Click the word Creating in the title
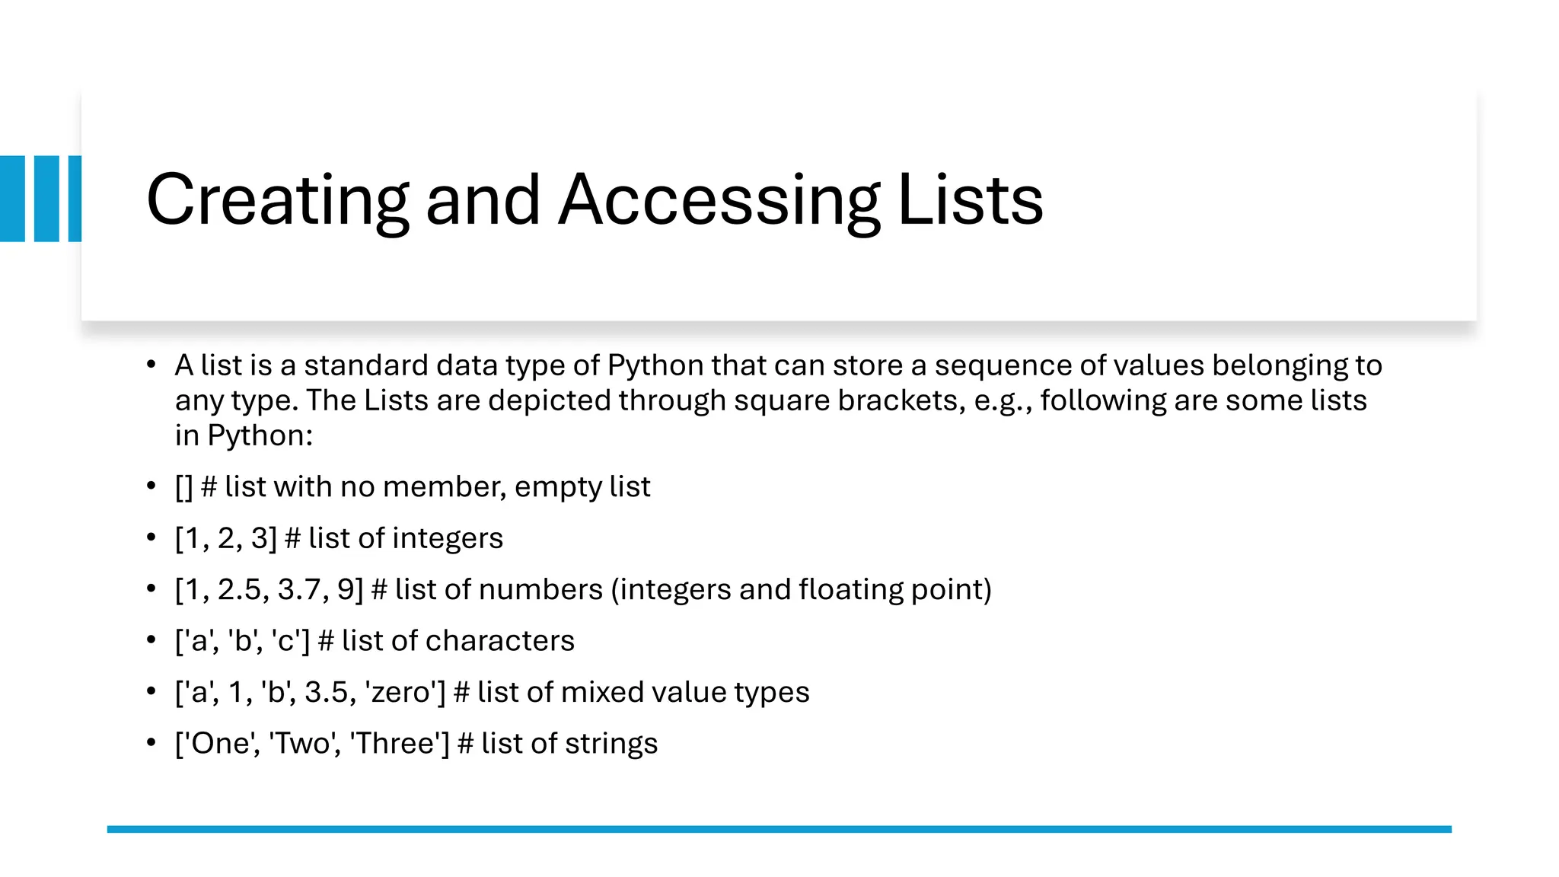coord(277,200)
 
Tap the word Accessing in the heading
coord(719,200)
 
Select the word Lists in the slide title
coord(971,200)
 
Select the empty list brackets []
coord(183,487)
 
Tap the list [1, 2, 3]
coord(226,539)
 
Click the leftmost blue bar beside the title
coord(12,199)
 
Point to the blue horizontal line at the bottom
coord(779,829)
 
